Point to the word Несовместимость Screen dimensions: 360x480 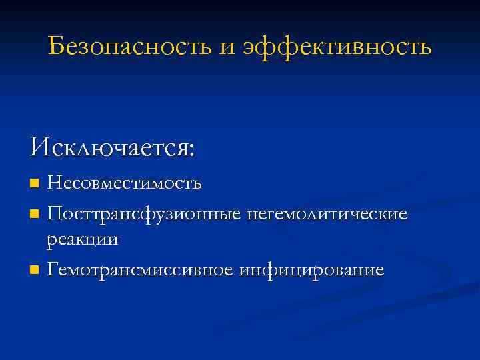[124, 182]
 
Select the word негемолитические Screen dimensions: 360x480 [326, 215]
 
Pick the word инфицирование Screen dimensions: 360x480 [311, 270]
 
